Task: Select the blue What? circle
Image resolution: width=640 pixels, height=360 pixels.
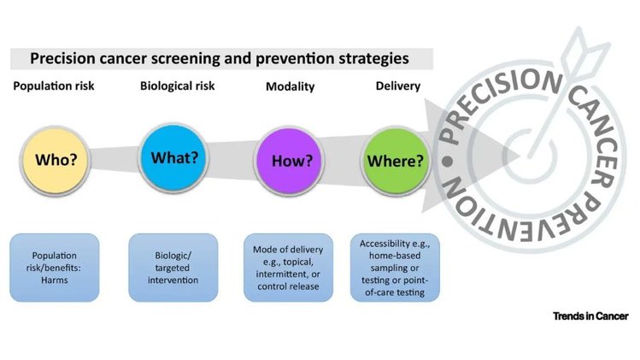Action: click(x=174, y=158)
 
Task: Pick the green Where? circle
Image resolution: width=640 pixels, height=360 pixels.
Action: click(x=396, y=160)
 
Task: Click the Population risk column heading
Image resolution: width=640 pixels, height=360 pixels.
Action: click(x=54, y=86)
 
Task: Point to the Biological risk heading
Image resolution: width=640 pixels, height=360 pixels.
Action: click(x=175, y=86)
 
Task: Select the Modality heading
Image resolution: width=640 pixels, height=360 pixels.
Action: click(x=290, y=86)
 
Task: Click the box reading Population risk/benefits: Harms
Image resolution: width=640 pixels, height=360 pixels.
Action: click(x=55, y=268)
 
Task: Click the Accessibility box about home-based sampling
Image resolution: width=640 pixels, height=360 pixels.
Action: click(x=394, y=268)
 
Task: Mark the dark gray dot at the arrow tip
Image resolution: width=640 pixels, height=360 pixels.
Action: click(x=445, y=160)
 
